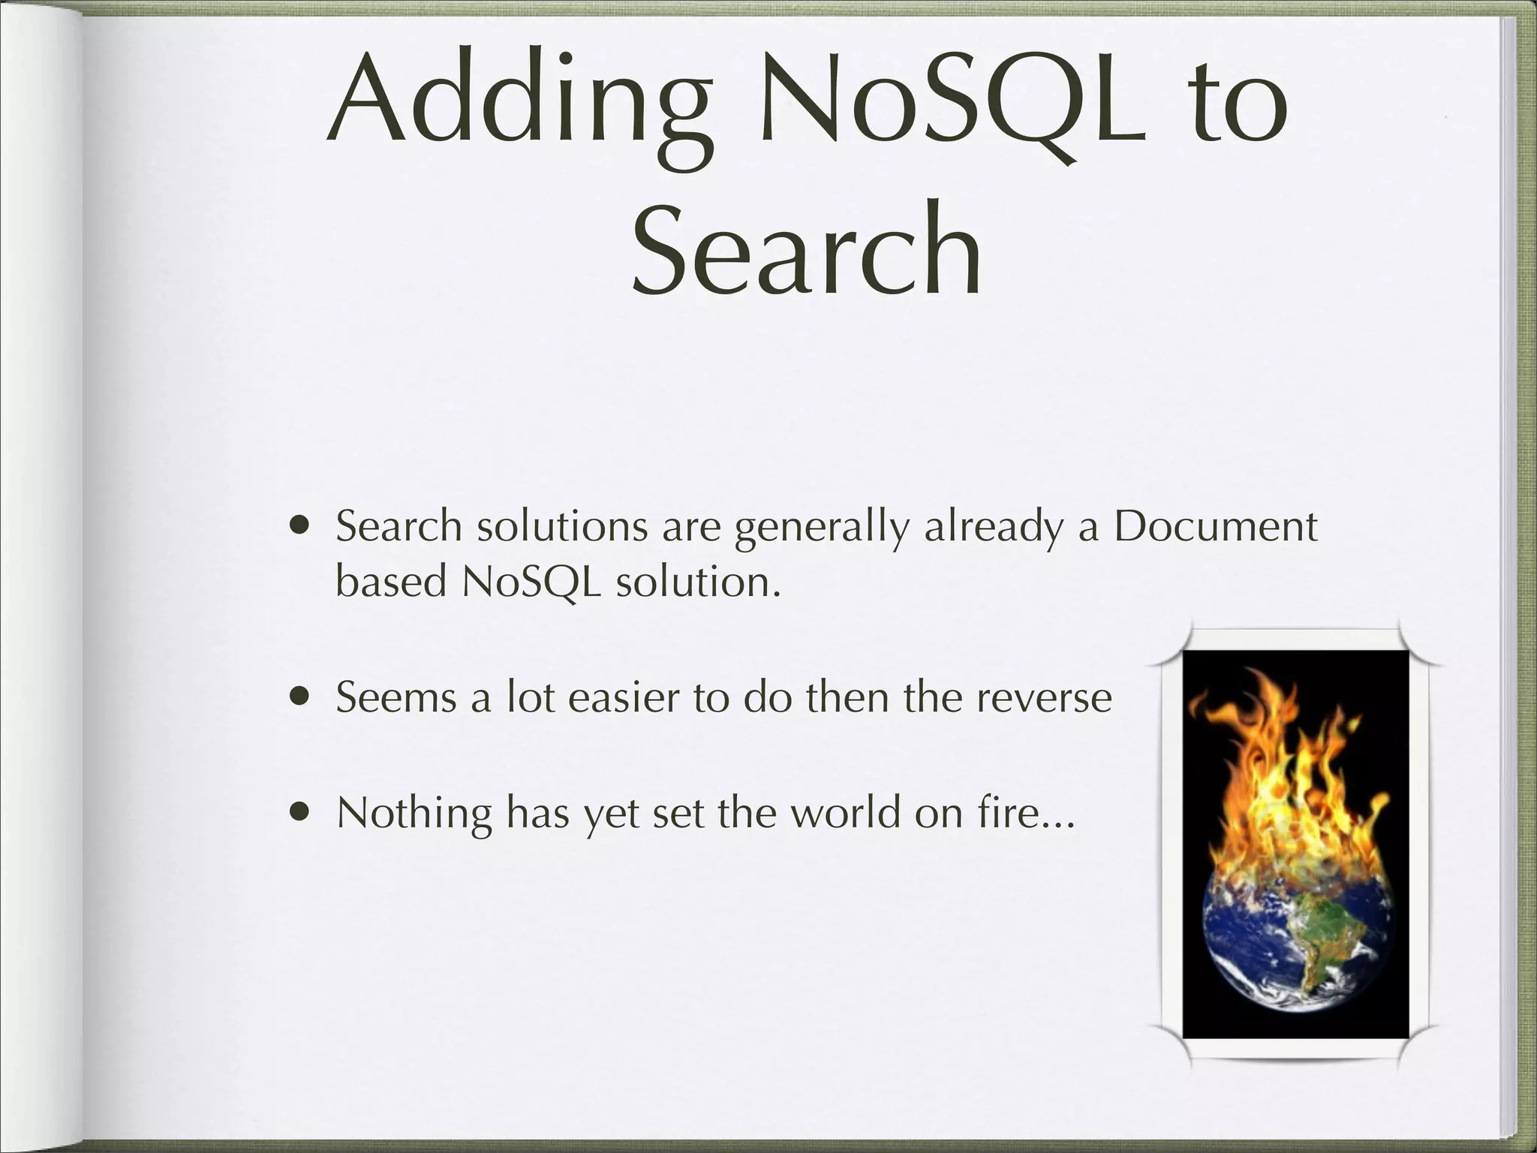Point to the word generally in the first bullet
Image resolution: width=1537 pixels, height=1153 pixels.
[x=821, y=527]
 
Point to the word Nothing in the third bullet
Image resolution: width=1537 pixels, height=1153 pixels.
[x=414, y=812]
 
